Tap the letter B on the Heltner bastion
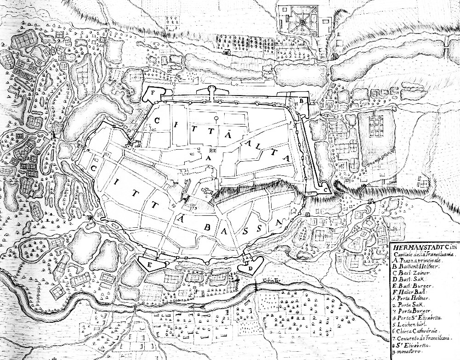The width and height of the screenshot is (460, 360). coord(301,101)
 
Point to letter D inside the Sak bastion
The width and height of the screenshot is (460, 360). coord(250,268)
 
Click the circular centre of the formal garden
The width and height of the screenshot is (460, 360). coord(302,21)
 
